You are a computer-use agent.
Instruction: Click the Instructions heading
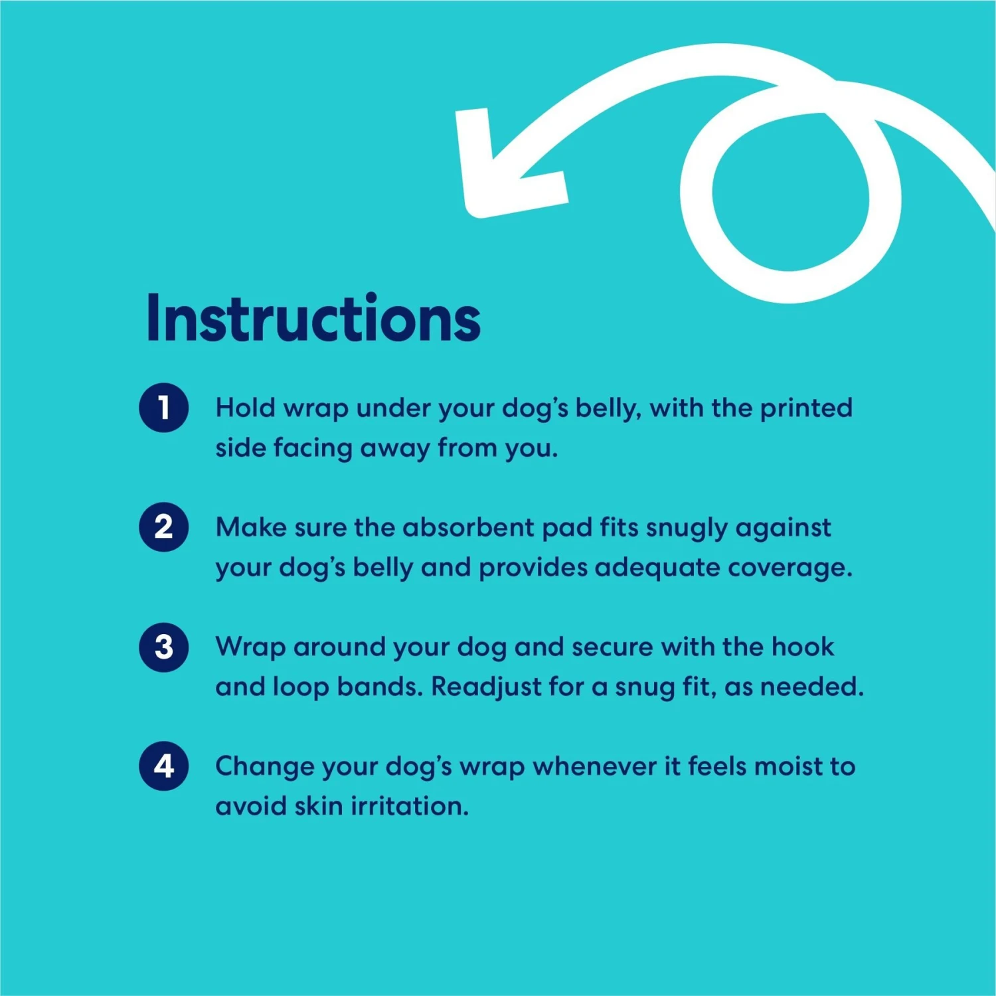pyautogui.click(x=313, y=319)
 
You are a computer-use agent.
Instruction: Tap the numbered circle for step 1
pyautogui.click(x=163, y=408)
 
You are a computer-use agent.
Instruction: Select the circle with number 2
pyautogui.click(x=163, y=527)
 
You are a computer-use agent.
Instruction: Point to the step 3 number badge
pyautogui.click(x=163, y=647)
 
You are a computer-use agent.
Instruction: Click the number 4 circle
pyautogui.click(x=163, y=766)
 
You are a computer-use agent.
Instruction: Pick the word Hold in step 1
pyautogui.click(x=245, y=408)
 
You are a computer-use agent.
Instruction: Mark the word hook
pyautogui.click(x=803, y=647)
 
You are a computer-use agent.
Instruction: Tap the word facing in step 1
pyautogui.click(x=313, y=449)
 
